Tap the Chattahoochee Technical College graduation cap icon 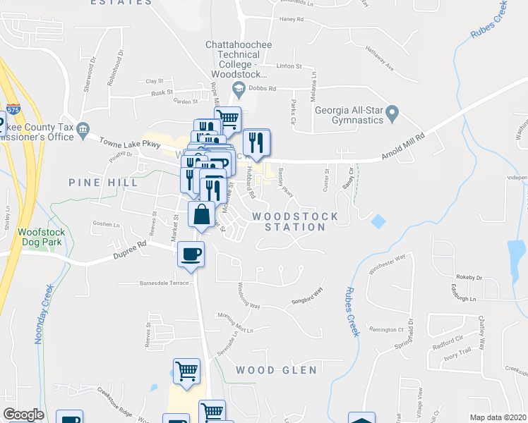coord(239,88)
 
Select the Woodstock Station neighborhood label coord(295,221)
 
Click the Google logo coord(24,415)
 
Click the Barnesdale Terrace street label coord(164,282)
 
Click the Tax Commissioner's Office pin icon coord(83,128)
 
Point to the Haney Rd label coord(290,20)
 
